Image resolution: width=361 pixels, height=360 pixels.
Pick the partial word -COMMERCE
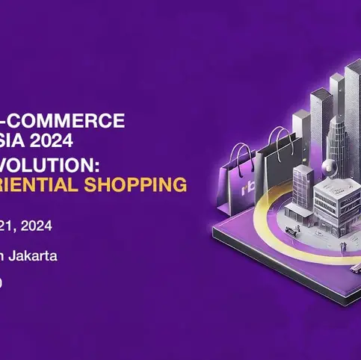point(63,120)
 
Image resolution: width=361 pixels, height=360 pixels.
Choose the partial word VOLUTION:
point(60,166)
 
